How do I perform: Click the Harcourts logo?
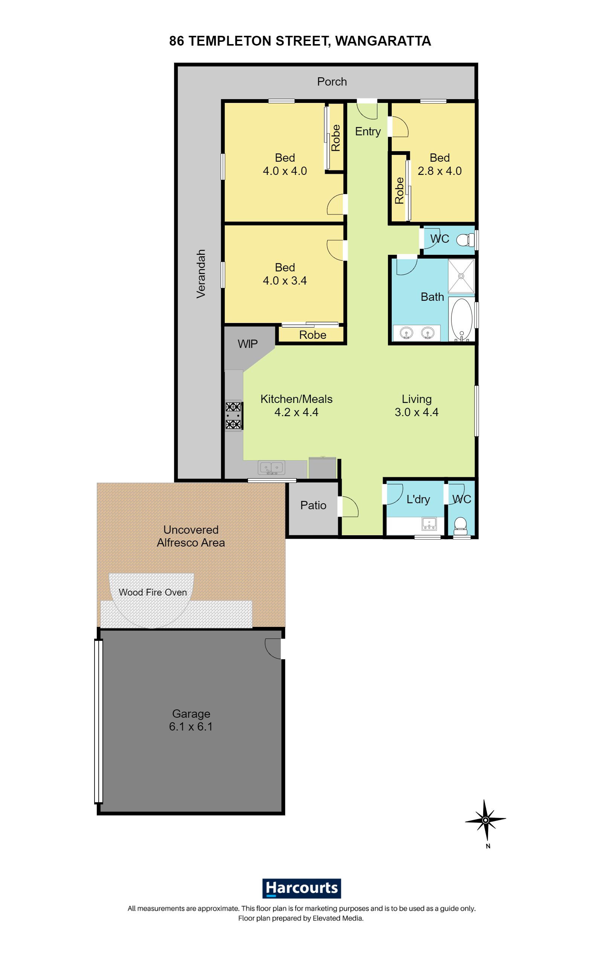[x=301, y=887]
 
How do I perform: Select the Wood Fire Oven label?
[x=153, y=592]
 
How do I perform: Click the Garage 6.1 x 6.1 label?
[x=191, y=720]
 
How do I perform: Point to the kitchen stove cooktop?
[x=233, y=415]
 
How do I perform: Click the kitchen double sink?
[x=271, y=467]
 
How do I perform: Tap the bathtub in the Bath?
[x=461, y=320]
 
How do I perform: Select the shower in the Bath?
[x=461, y=276]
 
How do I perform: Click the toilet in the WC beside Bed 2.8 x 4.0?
[x=465, y=240]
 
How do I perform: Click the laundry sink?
[x=429, y=524]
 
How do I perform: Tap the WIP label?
[x=247, y=344]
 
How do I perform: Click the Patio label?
[x=313, y=505]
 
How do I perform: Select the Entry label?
[x=368, y=132]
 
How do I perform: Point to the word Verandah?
[x=201, y=274]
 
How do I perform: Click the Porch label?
[x=332, y=82]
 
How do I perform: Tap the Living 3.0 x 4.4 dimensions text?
[x=417, y=412]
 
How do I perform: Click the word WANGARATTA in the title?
[x=383, y=41]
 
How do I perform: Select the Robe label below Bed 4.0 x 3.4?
[x=313, y=335]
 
